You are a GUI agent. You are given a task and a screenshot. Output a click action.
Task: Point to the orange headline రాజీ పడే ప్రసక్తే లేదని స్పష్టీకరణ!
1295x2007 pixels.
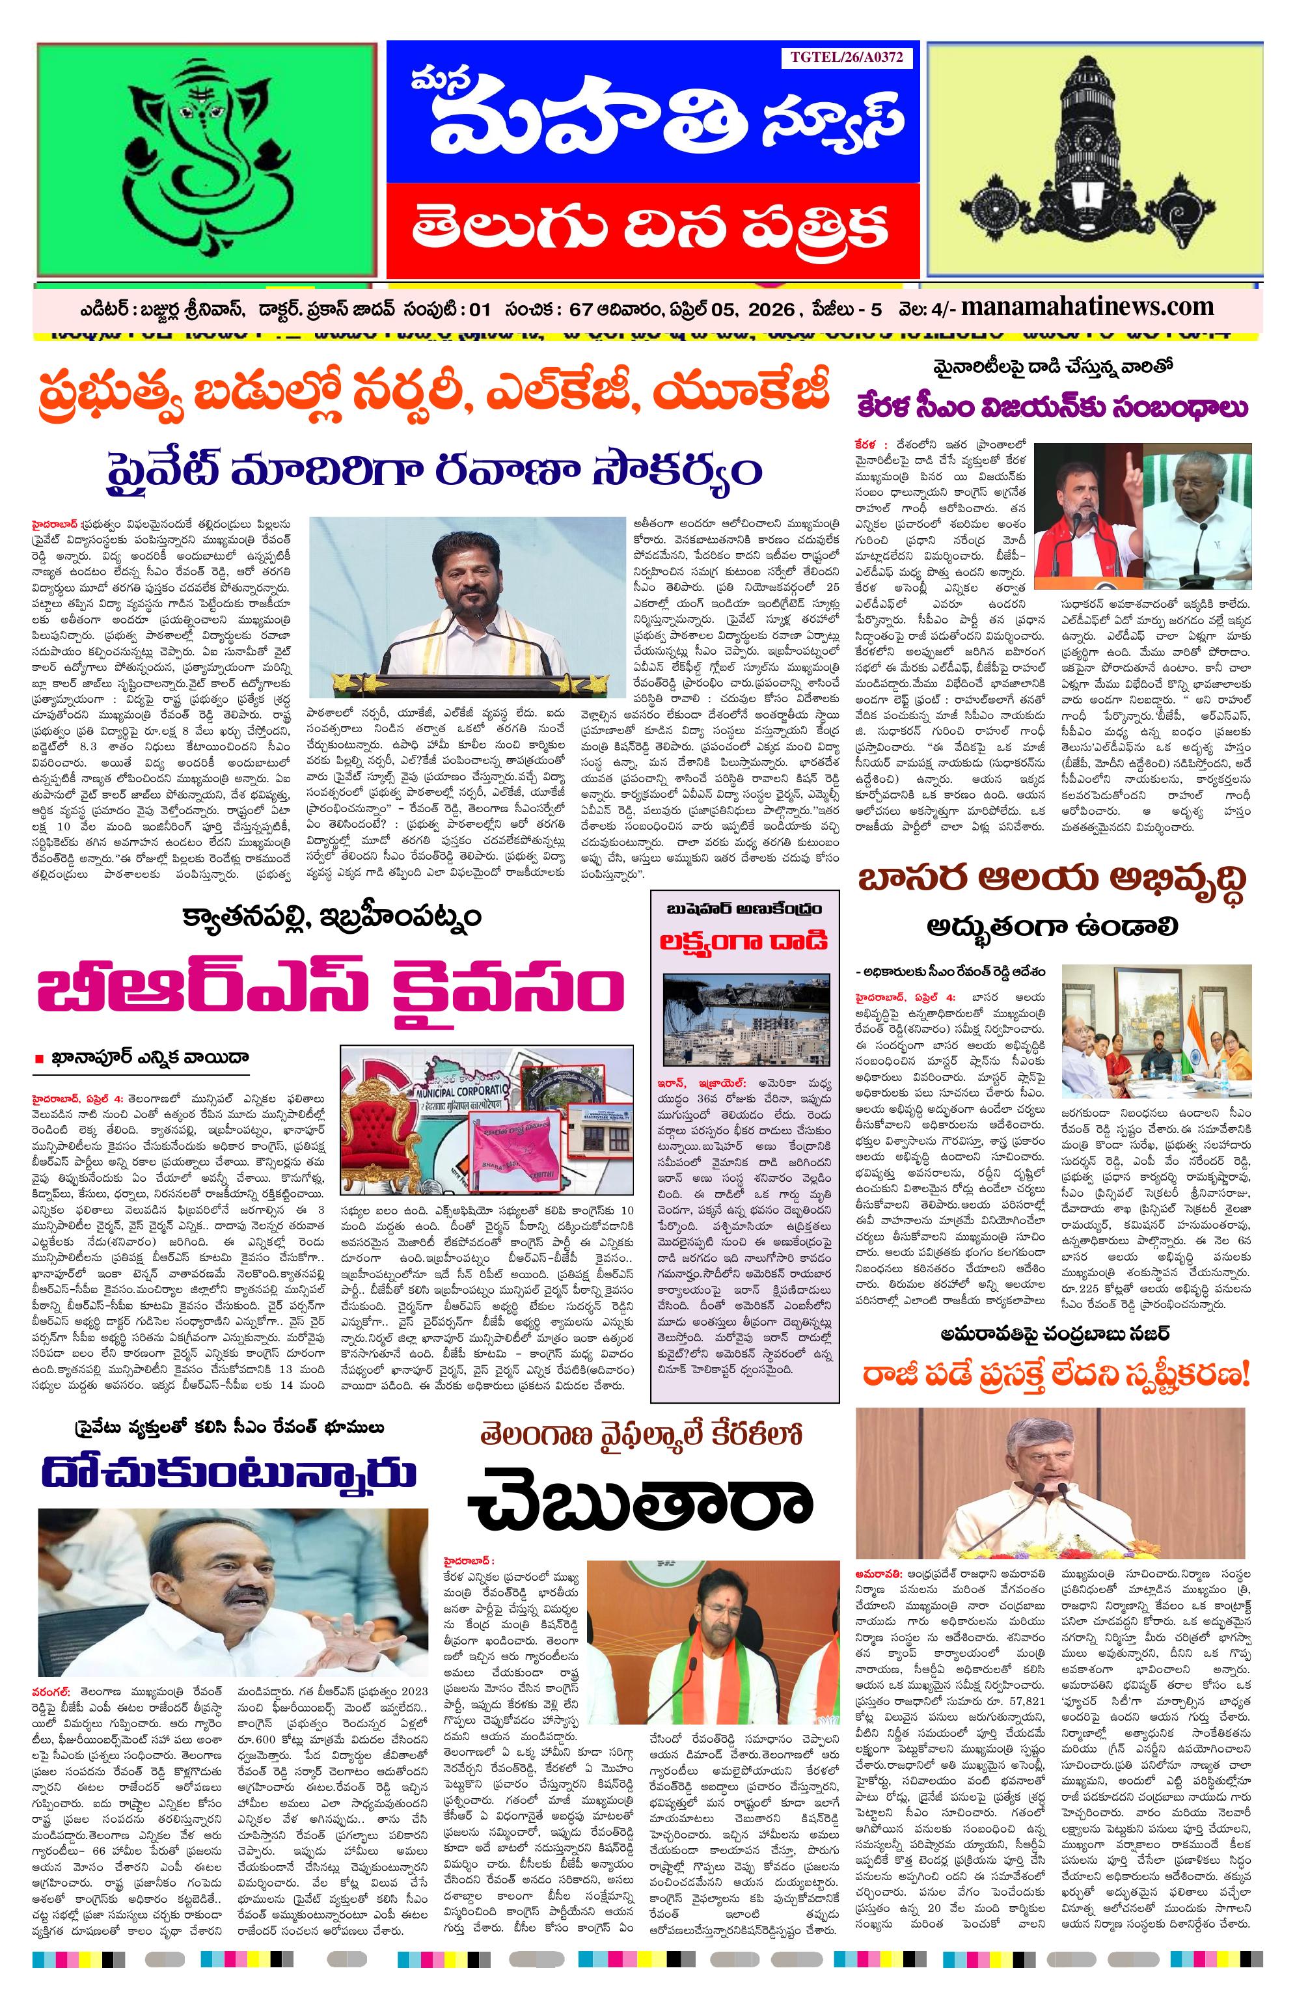1056,1376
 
